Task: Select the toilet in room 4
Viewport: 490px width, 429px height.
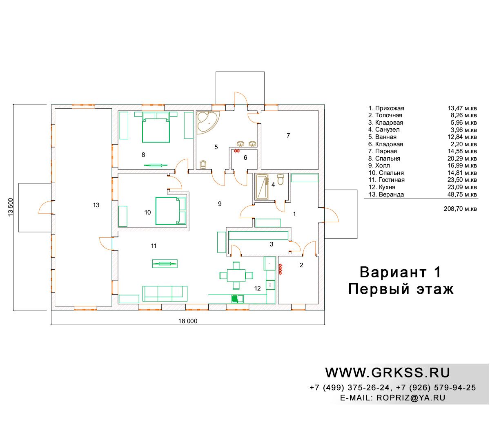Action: point(280,179)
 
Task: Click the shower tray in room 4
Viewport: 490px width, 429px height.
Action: point(262,186)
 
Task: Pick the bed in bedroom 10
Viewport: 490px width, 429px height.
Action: point(171,211)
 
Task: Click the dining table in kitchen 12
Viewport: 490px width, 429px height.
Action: point(236,275)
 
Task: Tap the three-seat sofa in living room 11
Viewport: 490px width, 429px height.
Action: point(165,294)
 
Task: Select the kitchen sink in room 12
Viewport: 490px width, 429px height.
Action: point(237,299)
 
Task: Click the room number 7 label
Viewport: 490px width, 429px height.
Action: point(288,136)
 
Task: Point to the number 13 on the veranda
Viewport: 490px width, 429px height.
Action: point(96,205)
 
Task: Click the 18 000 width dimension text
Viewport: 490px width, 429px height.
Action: point(188,321)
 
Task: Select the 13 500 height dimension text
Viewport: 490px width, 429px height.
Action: point(11,207)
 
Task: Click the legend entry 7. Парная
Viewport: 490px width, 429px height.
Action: point(383,151)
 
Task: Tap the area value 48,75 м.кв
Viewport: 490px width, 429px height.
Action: point(462,194)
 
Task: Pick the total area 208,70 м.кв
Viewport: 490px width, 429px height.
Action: point(460,209)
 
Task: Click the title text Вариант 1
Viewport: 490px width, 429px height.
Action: point(400,272)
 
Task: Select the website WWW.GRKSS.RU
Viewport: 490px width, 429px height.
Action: point(388,373)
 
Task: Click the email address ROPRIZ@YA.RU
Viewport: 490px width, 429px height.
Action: point(411,398)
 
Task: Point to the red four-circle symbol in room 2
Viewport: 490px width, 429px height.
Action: point(280,269)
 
